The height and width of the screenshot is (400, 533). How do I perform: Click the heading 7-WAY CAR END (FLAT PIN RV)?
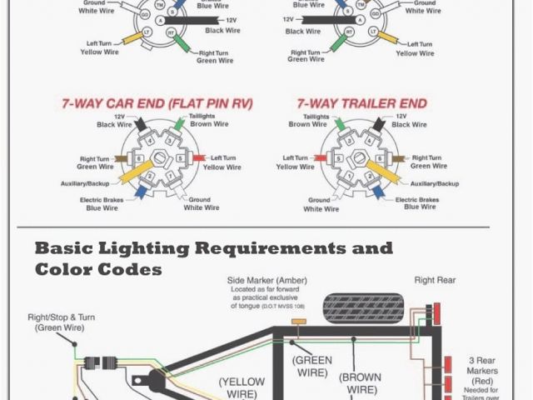[x=157, y=104]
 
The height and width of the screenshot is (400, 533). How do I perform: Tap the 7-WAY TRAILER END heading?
[x=361, y=104]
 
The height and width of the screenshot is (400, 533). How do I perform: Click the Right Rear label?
[x=436, y=281]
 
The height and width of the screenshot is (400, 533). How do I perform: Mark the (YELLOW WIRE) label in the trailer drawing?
[x=242, y=387]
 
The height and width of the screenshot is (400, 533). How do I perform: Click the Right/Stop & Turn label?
[x=60, y=322]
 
